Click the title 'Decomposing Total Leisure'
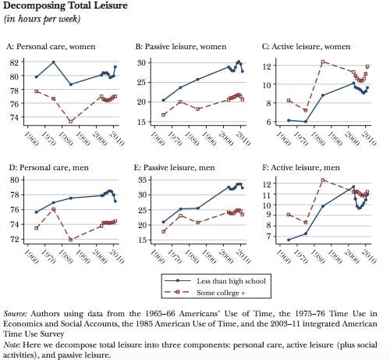point(66,5)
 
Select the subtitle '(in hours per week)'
point(42,19)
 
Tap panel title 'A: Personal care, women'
point(51,47)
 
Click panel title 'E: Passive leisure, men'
point(175,167)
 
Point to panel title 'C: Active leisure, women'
point(306,47)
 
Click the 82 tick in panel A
point(15,62)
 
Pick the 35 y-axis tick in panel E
point(142,180)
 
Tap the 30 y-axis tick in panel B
point(142,62)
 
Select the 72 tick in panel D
point(15,239)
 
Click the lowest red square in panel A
point(70,121)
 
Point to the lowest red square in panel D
point(70,240)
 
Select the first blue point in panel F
point(289,240)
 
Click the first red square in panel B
point(163,115)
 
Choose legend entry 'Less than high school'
point(231,281)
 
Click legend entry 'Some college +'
point(221,293)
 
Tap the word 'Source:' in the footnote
point(15,314)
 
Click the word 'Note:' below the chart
point(12,345)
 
